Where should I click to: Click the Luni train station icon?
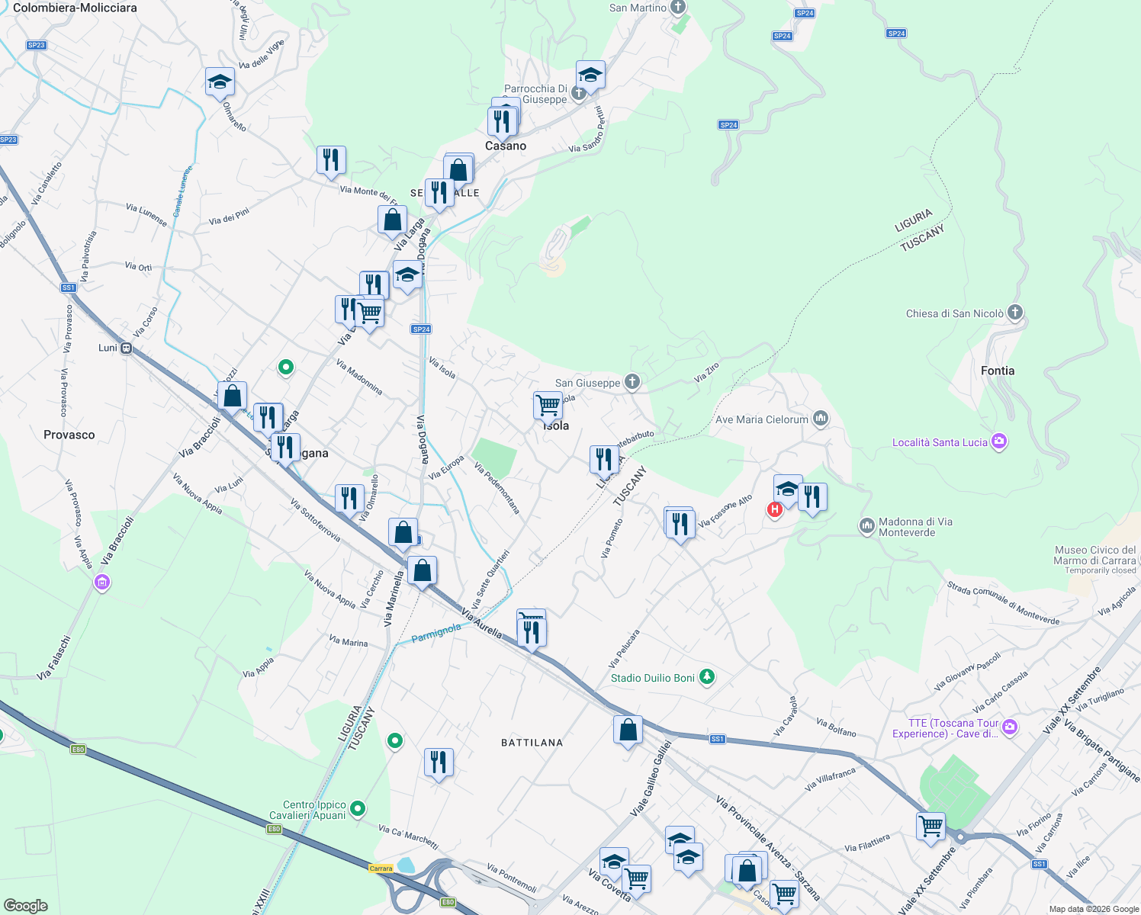click(127, 348)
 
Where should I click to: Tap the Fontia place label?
click(998, 371)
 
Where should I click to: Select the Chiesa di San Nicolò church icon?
click(1014, 312)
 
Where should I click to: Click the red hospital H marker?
click(775, 509)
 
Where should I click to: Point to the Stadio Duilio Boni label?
click(653, 678)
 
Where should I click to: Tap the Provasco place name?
click(69, 435)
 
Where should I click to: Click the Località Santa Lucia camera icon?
click(999, 441)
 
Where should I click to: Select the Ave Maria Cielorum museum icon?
click(821, 418)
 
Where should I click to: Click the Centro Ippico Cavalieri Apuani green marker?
click(358, 808)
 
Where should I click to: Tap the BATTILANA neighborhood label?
click(532, 743)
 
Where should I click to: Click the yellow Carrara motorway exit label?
click(381, 868)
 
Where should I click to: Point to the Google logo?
click(26, 905)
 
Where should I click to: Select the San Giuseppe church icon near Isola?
click(632, 381)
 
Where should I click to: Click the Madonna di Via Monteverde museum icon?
click(866, 526)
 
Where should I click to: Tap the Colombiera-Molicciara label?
click(75, 8)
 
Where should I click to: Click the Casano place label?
click(506, 146)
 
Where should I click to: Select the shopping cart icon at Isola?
click(548, 405)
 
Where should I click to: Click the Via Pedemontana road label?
click(497, 487)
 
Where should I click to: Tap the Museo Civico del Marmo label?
click(1095, 555)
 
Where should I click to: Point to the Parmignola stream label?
click(436, 633)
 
